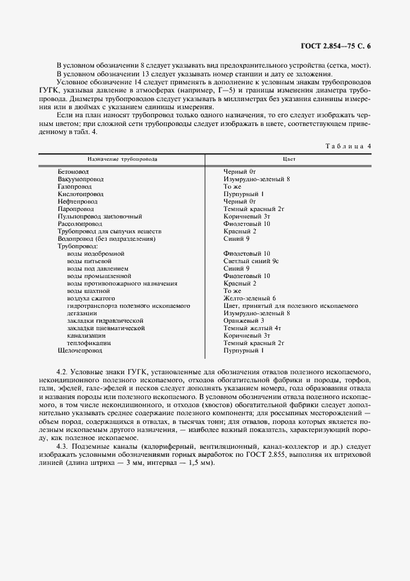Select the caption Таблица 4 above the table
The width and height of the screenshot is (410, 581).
[x=348, y=146]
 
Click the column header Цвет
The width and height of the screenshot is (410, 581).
[x=288, y=159]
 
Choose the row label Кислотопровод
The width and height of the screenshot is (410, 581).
[x=80, y=194]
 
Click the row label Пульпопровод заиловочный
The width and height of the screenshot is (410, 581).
[x=100, y=217]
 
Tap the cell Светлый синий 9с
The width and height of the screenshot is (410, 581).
[x=251, y=261]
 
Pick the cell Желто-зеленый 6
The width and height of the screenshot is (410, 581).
[x=249, y=299]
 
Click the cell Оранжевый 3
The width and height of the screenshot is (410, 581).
[x=244, y=321]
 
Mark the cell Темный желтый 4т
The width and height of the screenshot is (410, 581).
[x=252, y=328]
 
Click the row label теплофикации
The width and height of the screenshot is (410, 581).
[x=89, y=343]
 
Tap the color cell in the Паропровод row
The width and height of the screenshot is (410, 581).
[x=253, y=209]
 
